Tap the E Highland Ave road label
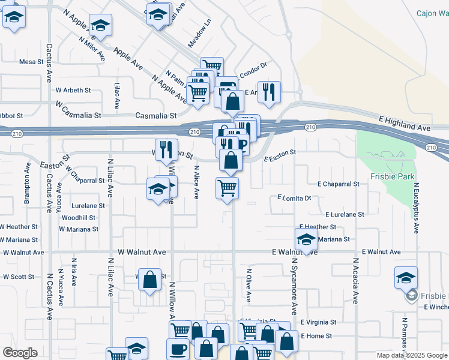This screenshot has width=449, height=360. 405,124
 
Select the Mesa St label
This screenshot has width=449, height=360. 32,62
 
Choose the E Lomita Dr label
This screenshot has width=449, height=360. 294,197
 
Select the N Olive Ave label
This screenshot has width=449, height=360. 248,285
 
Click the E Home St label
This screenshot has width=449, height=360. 318,335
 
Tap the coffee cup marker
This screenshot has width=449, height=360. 177,349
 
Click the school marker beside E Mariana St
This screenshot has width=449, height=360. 306,239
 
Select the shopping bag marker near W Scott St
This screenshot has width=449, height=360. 150,278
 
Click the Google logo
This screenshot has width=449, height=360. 20,353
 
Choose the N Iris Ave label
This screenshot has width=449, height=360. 74,273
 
